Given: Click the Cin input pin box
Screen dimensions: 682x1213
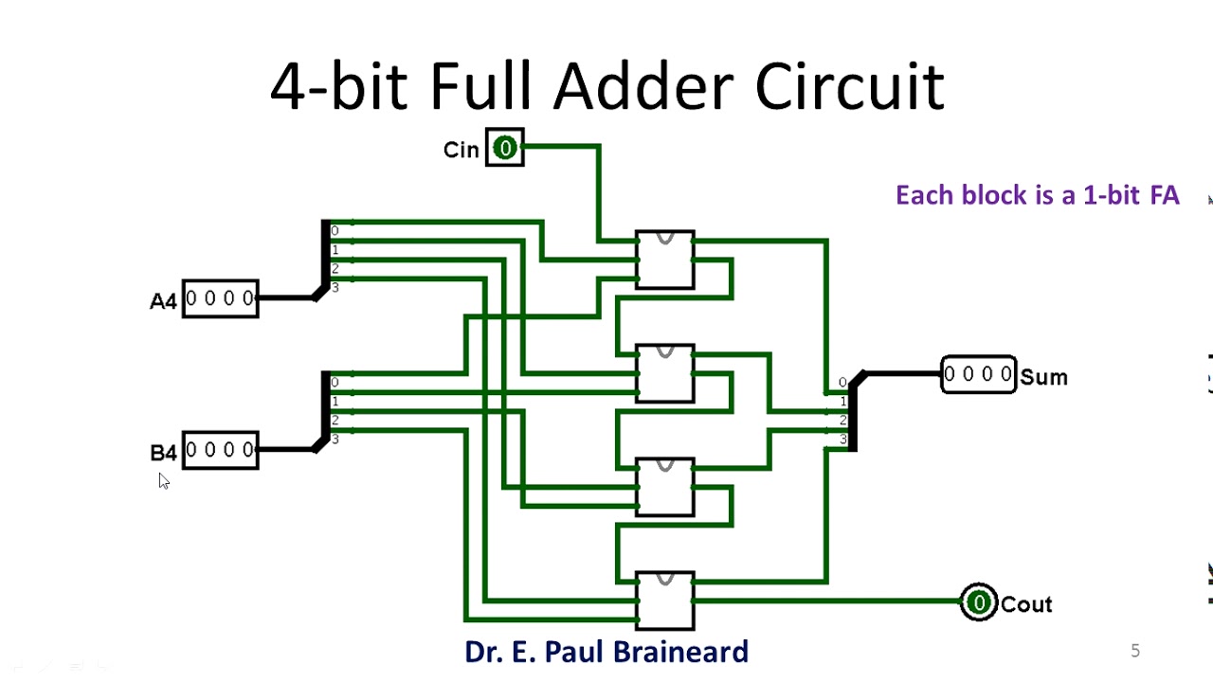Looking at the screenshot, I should point(504,148).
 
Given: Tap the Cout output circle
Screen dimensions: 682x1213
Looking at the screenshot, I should point(978,602).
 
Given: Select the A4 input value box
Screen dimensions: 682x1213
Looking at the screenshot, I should point(220,298).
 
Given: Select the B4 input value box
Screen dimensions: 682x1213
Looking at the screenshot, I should point(220,450).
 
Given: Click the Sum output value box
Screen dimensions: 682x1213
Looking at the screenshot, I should point(978,374).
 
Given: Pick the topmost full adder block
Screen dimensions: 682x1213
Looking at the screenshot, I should point(665,260).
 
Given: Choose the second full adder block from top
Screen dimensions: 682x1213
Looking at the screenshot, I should point(665,373).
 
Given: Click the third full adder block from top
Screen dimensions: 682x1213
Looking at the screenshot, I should point(665,487).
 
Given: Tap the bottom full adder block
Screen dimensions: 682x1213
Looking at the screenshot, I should point(665,601).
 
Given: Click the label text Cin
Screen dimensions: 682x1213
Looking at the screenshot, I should point(462,150).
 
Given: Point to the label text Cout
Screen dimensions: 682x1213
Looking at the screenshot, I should point(1026,604).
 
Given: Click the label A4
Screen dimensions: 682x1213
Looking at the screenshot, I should point(163,301).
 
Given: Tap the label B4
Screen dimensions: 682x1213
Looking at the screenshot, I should point(163,453).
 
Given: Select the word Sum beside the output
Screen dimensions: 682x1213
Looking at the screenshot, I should point(1044,377).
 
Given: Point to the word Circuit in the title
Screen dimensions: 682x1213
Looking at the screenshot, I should point(849,87).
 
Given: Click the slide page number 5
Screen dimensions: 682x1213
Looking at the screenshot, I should point(1135,651).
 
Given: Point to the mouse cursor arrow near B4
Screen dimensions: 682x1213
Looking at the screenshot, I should point(163,480).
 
